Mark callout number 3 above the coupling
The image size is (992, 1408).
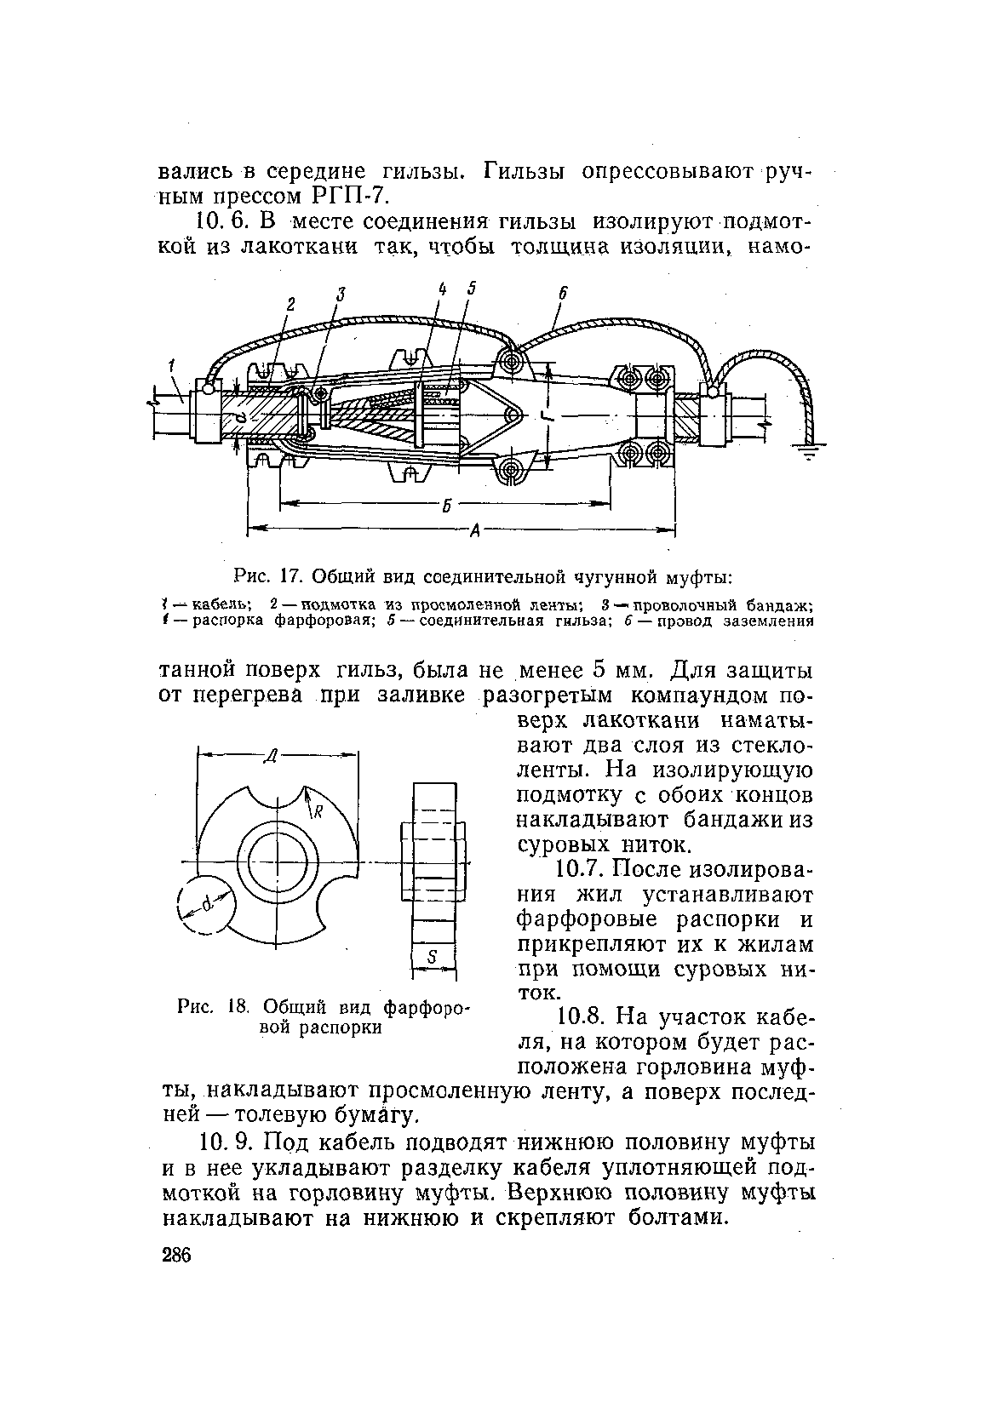341,295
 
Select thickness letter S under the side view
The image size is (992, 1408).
433,959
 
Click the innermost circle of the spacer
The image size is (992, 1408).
276,859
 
